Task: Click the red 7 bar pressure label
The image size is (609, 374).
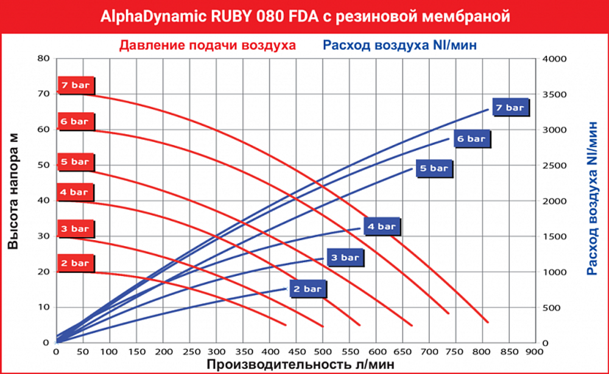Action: [x=76, y=85]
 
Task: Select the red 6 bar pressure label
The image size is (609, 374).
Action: [x=76, y=121]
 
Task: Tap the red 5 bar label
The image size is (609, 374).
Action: [x=76, y=161]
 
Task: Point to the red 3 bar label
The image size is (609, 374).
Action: [x=76, y=228]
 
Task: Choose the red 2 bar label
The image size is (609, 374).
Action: [x=76, y=263]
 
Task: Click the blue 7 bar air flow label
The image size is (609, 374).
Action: [x=510, y=108]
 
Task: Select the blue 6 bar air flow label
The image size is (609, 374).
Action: [x=471, y=139]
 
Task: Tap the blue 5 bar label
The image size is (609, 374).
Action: [x=435, y=168]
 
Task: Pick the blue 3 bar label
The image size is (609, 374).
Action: [x=345, y=258]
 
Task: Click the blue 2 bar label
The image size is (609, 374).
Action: [x=308, y=289]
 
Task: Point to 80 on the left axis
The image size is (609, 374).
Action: [x=43, y=58]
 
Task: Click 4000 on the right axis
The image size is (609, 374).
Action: [x=555, y=58]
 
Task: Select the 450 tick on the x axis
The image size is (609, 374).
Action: [x=296, y=352]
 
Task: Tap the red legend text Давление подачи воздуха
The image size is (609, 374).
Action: [x=208, y=45]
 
